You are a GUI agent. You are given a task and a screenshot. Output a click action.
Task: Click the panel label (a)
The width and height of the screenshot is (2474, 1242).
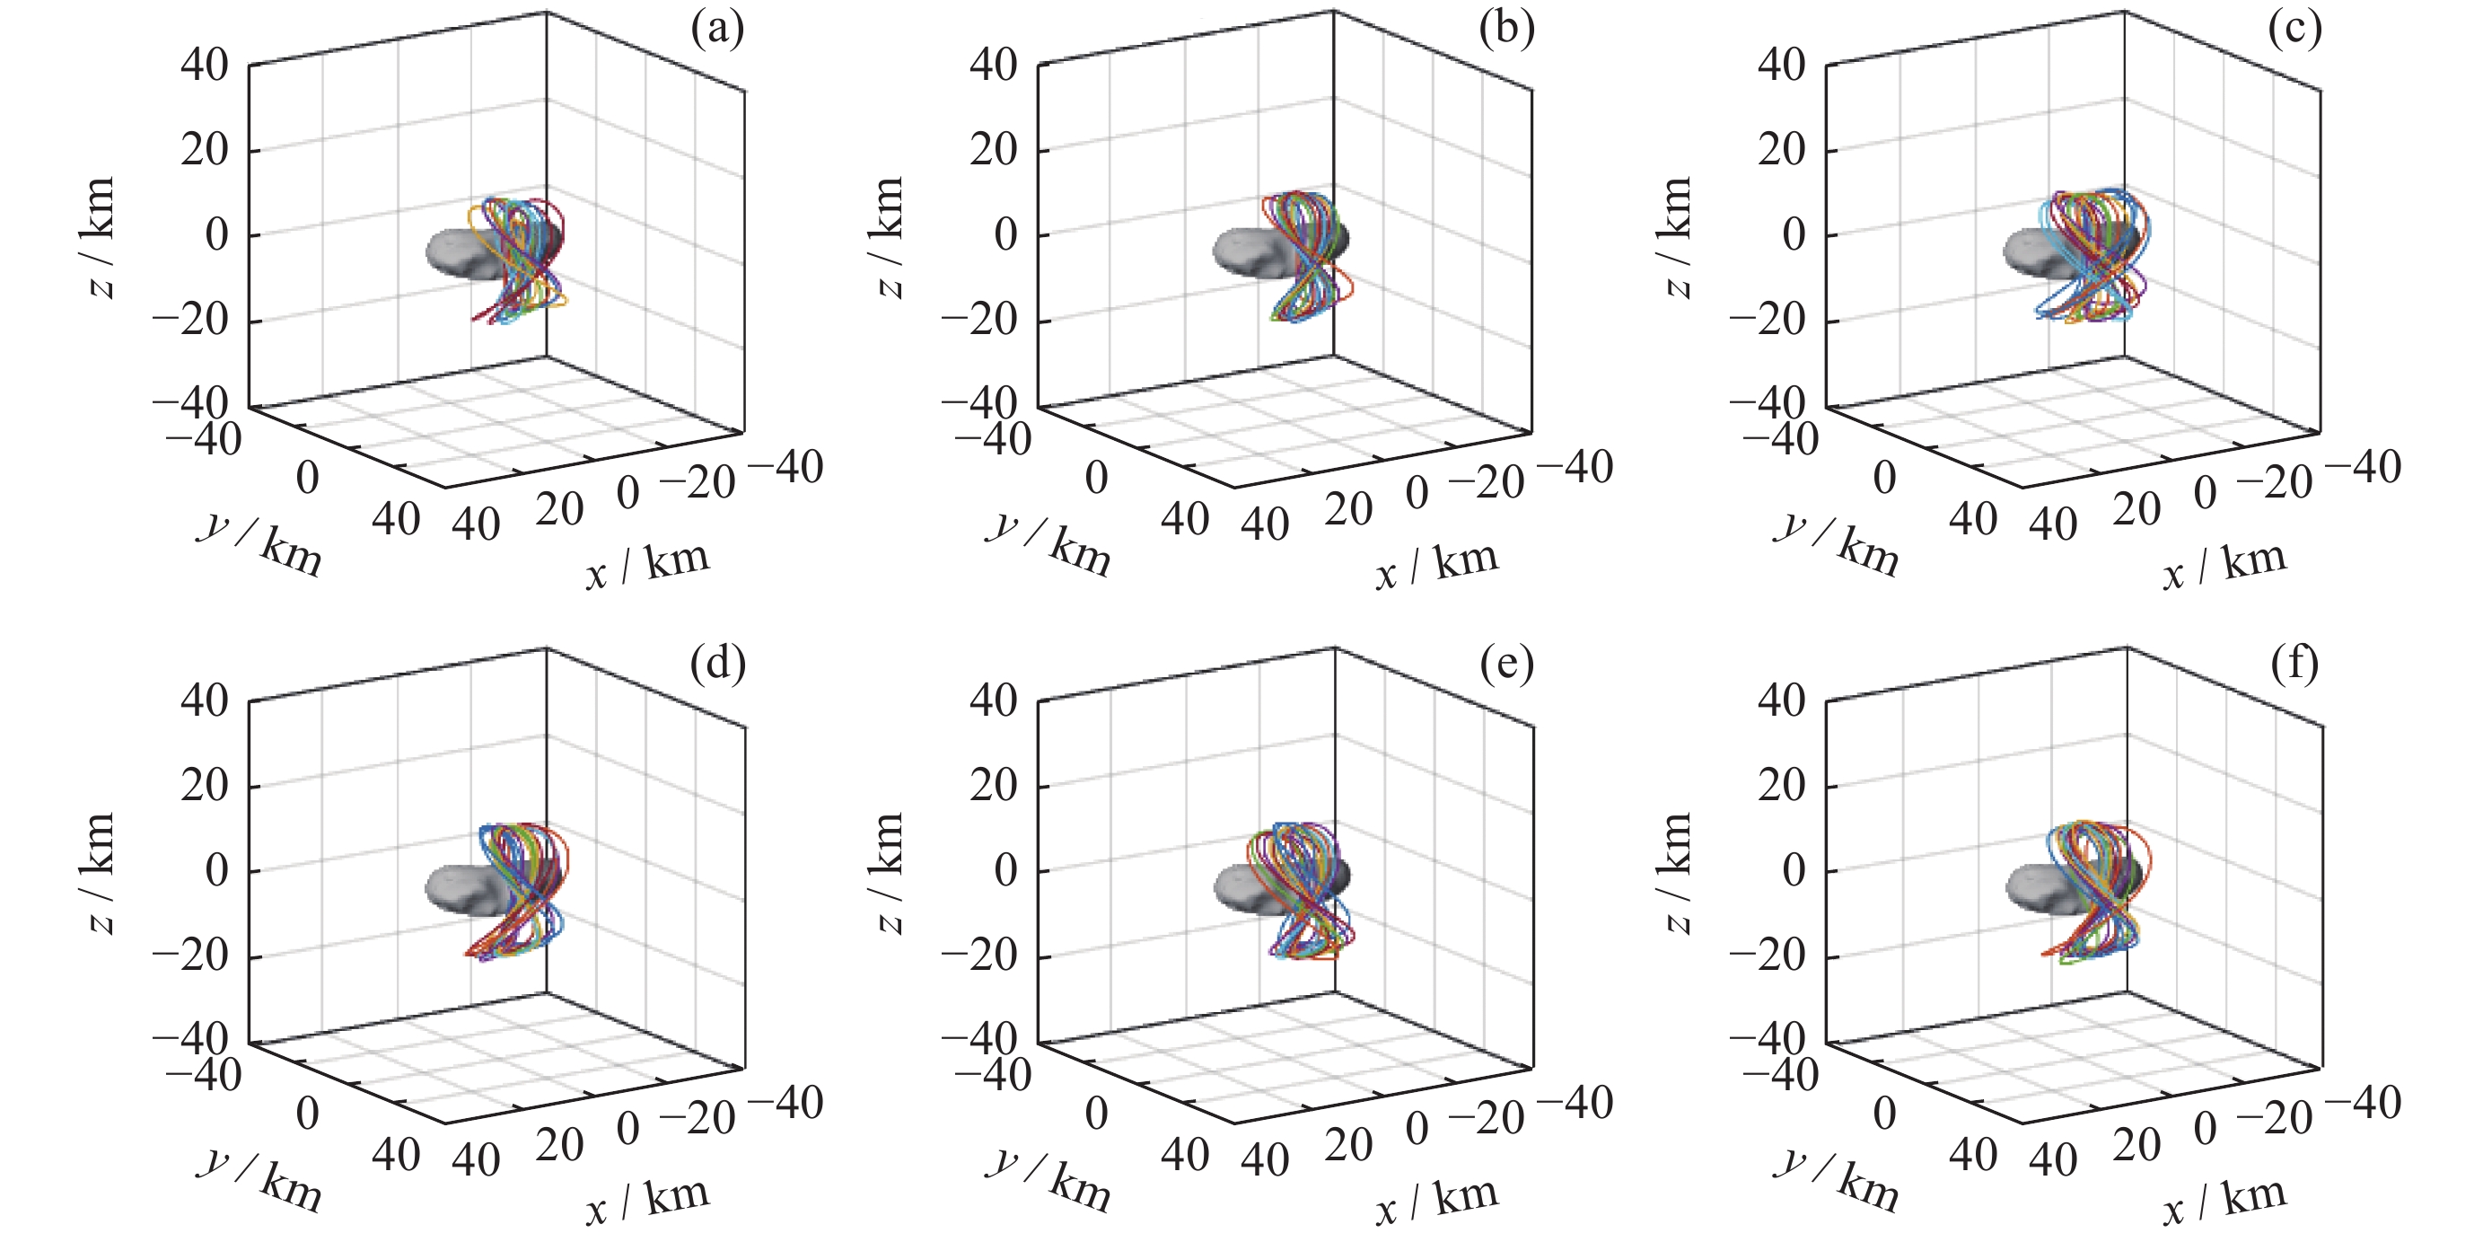(717, 30)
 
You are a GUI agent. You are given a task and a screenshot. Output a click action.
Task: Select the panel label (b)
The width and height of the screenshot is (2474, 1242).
(1506, 30)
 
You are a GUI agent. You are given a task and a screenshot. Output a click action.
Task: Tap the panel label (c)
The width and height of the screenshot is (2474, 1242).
(2294, 30)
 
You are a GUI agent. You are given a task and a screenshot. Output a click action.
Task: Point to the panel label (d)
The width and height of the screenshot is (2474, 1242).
(717, 664)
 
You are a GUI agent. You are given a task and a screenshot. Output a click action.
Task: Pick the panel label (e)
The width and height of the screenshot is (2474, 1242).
(1506, 664)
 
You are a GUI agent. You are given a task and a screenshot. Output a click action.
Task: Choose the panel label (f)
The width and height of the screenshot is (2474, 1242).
(2294, 664)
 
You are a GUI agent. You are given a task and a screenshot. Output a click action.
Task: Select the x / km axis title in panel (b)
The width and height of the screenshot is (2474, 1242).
(1437, 565)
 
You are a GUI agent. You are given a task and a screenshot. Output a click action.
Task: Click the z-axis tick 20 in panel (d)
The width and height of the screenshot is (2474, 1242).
(205, 785)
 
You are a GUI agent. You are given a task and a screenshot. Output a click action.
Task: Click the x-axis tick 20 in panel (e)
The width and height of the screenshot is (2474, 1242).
(1347, 1145)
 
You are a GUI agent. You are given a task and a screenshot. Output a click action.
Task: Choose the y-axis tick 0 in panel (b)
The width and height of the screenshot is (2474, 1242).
(1096, 478)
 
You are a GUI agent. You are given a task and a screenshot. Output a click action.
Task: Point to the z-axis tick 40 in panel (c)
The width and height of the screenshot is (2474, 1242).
(1782, 66)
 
